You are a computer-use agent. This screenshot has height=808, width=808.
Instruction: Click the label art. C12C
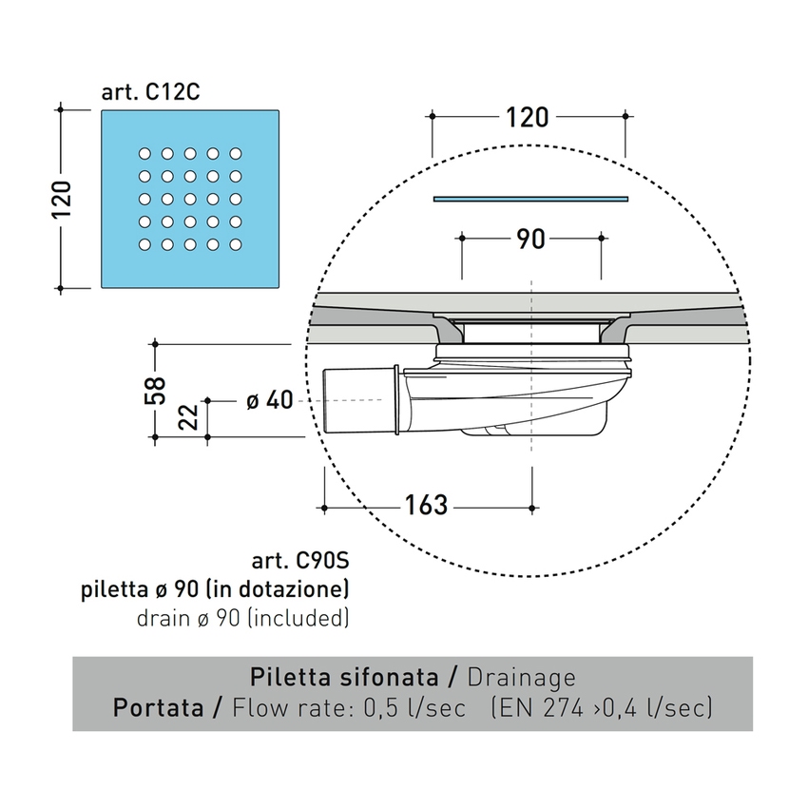tap(149, 92)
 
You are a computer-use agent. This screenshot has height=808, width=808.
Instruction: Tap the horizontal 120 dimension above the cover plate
tap(528, 117)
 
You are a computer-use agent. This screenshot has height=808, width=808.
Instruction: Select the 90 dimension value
tap(531, 239)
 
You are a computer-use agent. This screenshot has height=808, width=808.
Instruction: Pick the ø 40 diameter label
tap(269, 401)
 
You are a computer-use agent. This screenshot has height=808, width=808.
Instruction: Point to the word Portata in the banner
tap(154, 708)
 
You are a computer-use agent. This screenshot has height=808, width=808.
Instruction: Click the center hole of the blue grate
tap(189, 199)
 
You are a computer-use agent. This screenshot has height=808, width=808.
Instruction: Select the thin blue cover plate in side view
tap(530, 199)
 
